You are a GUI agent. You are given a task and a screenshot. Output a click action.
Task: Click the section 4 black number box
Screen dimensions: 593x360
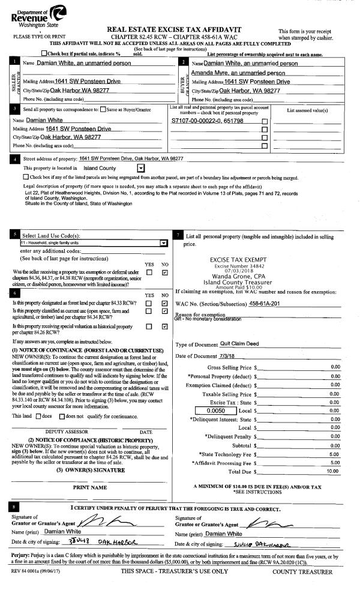14,159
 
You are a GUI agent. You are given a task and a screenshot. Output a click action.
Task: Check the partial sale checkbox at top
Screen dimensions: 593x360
58,53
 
